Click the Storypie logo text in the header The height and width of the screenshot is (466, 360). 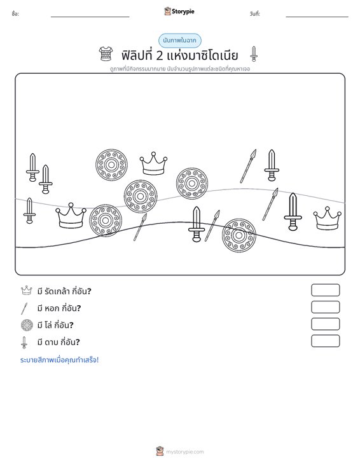[x=183, y=11]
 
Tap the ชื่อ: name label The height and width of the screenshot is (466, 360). [x=15, y=14]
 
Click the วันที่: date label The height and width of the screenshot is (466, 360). [x=255, y=14]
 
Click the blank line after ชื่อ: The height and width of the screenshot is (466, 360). [x=90, y=17]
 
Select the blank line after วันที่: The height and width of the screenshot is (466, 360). [x=317, y=17]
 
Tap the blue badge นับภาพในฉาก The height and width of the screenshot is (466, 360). [x=179, y=41]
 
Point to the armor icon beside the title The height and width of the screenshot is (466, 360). [x=106, y=54]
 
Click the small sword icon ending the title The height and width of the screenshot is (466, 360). [x=254, y=54]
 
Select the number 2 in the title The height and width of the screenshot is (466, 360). [x=160, y=56]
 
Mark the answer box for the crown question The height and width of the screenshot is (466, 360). [x=325, y=290]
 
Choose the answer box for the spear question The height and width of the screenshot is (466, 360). [x=325, y=307]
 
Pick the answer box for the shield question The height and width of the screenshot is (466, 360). [x=325, y=324]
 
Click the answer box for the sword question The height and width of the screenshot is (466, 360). [x=325, y=341]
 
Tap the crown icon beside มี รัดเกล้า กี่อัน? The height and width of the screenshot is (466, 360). [x=27, y=291]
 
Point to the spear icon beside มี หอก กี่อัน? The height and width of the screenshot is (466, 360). [x=24, y=308]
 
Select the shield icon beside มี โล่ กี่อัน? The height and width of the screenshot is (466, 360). [x=27, y=325]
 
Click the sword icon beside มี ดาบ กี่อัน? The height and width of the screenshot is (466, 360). [x=24, y=343]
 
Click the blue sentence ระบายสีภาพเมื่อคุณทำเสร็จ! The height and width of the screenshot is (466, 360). [x=59, y=360]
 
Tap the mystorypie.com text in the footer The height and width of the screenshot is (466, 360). [x=185, y=452]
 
